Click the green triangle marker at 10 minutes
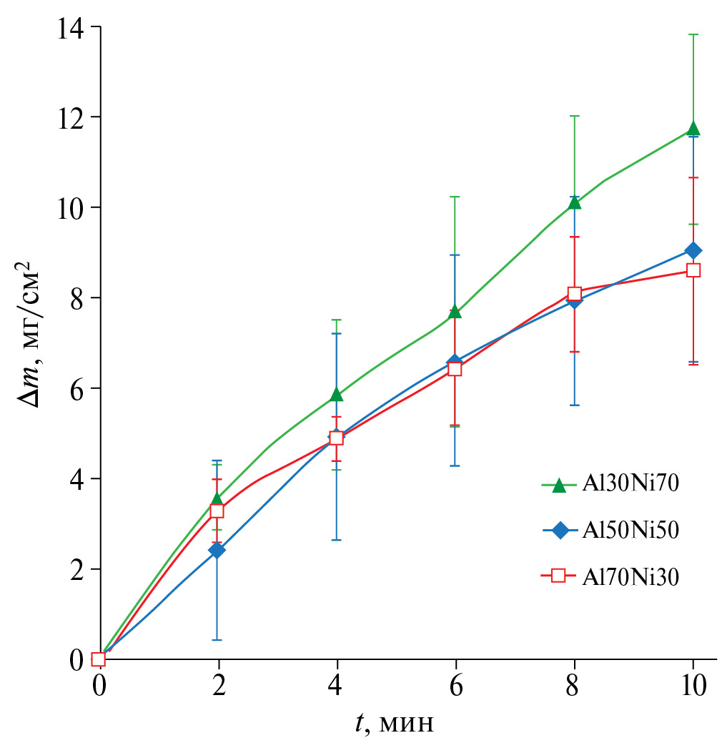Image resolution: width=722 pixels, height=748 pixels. tap(693, 129)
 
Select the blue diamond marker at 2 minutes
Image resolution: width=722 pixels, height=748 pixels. tap(217, 550)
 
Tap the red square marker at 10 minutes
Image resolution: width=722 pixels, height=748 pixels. tap(693, 270)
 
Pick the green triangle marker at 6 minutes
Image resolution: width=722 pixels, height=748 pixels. tap(455, 311)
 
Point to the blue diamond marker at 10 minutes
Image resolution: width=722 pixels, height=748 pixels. tap(693, 250)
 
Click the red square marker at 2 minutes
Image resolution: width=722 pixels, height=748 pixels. tap(217, 511)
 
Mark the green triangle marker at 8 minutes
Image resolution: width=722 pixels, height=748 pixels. tap(574, 202)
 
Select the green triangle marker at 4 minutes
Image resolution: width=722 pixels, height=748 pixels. tap(336, 394)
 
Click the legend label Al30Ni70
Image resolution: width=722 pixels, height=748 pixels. tap(629, 484)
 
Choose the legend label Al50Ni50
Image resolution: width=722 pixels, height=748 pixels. tap(629, 530)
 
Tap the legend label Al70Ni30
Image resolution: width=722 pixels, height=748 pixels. tap(629, 576)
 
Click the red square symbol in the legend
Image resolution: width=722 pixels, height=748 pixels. tap(560, 576)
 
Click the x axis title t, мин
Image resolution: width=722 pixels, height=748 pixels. tap(395, 724)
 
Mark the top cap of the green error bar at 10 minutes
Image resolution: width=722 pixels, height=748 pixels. tap(693, 34)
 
